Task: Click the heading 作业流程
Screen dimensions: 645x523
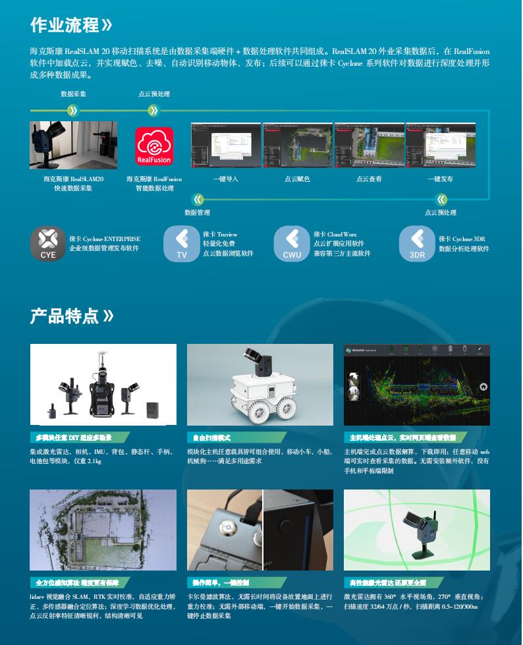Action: (x=64, y=25)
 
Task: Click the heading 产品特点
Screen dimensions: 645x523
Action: (x=64, y=316)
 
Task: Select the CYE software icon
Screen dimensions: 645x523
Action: (x=48, y=243)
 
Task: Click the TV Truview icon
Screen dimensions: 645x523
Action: (x=181, y=243)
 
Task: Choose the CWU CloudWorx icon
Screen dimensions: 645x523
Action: (x=291, y=243)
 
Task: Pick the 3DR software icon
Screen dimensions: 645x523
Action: (x=417, y=243)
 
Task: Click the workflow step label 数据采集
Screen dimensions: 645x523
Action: (x=73, y=94)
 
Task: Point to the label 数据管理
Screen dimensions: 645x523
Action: (x=197, y=213)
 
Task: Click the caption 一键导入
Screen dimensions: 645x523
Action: (x=226, y=179)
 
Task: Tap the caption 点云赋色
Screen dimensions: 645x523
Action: (x=297, y=179)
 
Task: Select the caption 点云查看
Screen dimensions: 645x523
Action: (x=369, y=179)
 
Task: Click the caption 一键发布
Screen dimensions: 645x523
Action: (x=440, y=179)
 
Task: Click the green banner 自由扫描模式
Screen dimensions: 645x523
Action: (x=212, y=437)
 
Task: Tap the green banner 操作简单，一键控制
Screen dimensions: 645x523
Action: (x=221, y=582)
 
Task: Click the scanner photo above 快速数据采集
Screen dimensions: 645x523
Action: (x=73, y=145)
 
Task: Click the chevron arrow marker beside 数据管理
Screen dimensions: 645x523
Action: (x=197, y=199)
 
